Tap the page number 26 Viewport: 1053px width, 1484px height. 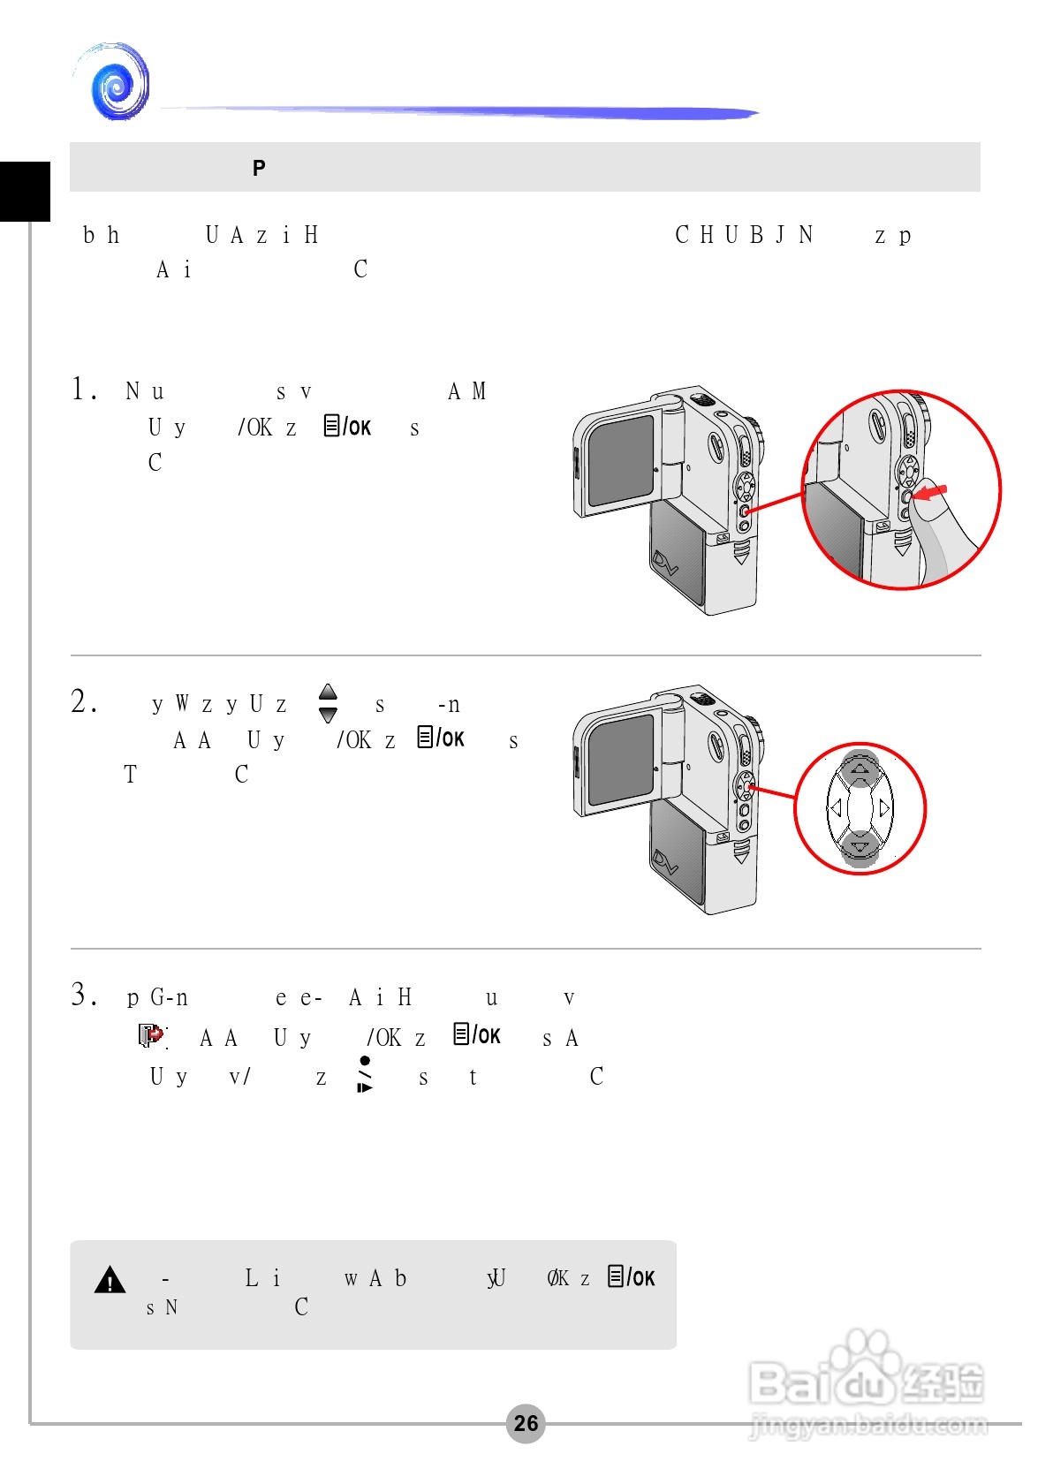526,1423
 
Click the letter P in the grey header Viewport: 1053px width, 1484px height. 259,168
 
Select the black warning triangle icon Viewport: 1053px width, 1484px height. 110,1279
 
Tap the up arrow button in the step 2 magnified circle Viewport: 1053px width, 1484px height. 860,768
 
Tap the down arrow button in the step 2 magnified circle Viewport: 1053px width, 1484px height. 860,848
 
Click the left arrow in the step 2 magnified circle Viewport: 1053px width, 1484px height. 835,807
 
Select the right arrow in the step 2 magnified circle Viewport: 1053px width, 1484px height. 884,807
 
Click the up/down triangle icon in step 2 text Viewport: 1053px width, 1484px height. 328,703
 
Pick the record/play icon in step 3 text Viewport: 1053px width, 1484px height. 364,1074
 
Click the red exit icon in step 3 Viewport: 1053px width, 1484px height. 152,1034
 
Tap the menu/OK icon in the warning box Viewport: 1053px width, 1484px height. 631,1276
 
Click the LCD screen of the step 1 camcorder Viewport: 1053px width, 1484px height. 621,460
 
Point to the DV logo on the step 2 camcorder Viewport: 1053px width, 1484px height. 665,862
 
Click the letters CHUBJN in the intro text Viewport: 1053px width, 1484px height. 743,235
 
